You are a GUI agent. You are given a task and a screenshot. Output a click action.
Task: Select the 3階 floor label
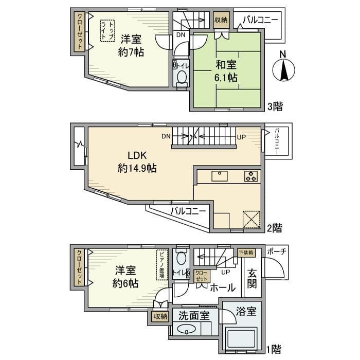coord(274,107)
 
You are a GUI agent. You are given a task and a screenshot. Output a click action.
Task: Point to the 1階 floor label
coord(274,350)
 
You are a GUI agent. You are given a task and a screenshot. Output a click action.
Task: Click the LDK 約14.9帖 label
coord(137,161)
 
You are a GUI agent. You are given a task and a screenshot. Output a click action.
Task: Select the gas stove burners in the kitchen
coord(251,176)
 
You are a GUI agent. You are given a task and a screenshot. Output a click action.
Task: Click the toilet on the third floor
coord(182,76)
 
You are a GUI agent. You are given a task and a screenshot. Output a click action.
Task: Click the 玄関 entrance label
coord(252,279)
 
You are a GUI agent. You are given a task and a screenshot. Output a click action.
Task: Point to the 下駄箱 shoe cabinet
coord(246,253)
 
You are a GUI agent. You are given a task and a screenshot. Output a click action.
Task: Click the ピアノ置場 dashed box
coord(161,265)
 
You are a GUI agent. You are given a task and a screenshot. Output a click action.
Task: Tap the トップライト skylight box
coord(107,29)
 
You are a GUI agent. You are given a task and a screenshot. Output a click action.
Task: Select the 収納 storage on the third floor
coord(221,20)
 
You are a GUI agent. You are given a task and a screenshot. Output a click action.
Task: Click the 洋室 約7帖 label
coord(132,45)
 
